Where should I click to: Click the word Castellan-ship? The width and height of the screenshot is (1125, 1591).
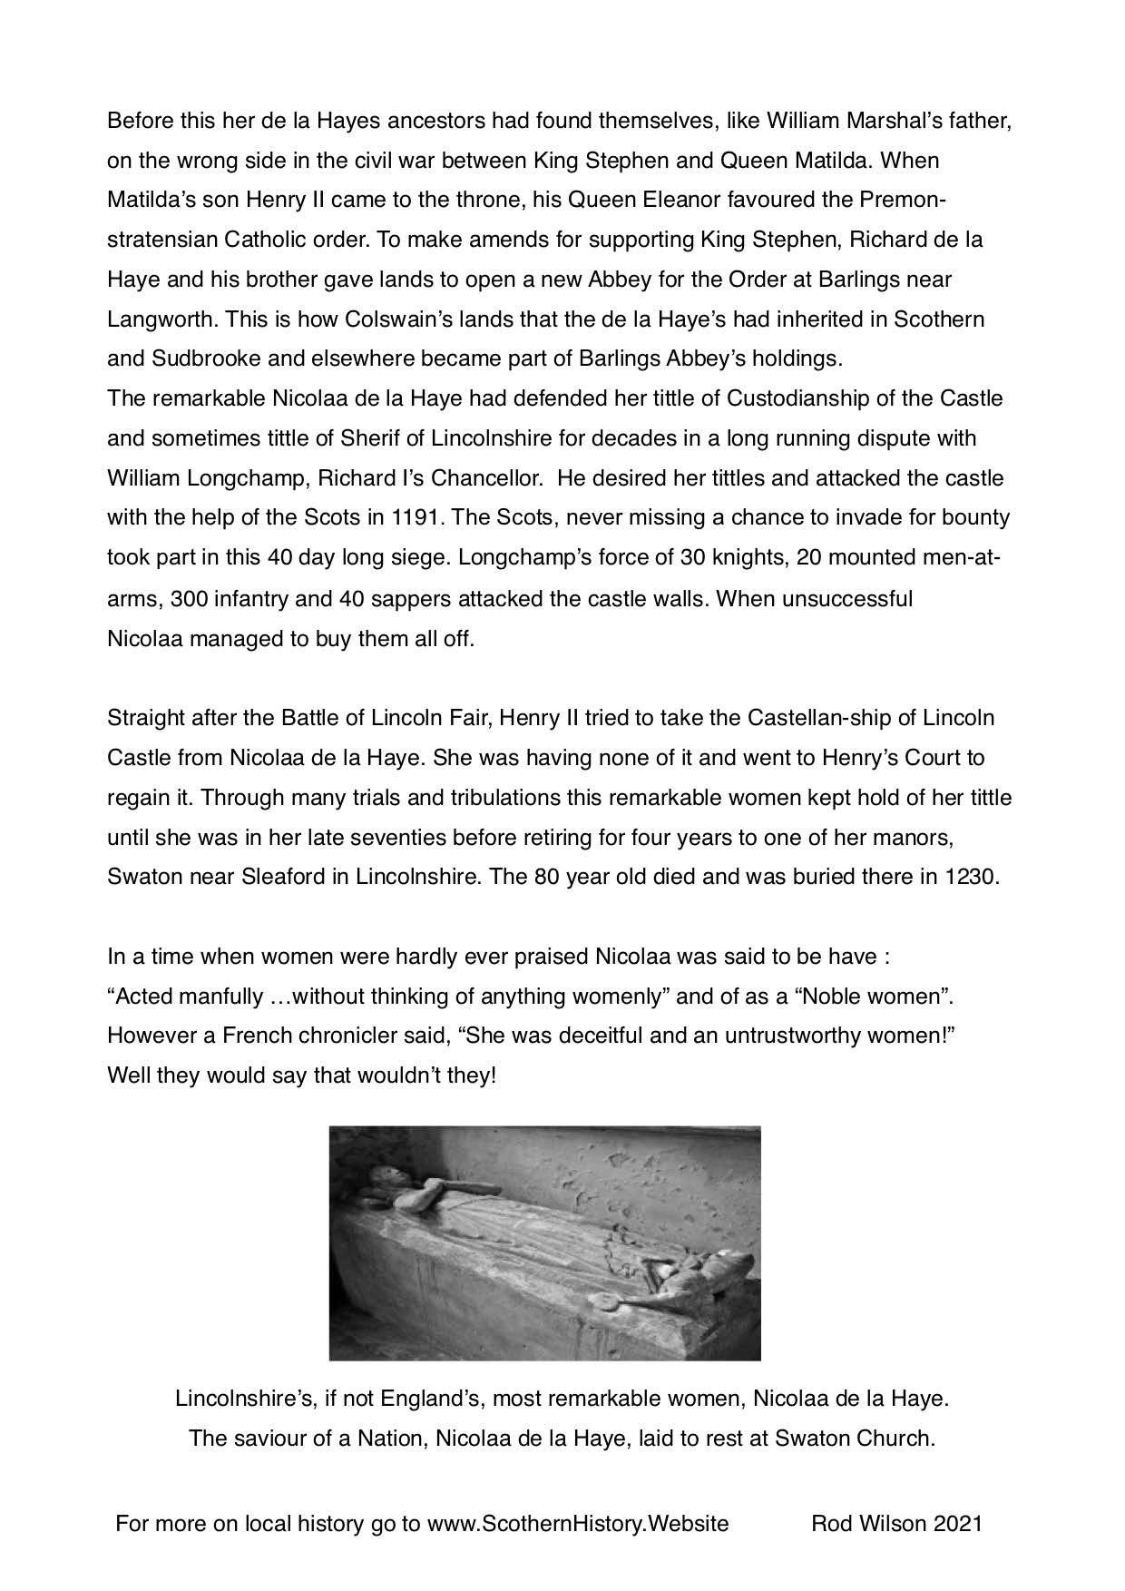(x=827, y=718)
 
